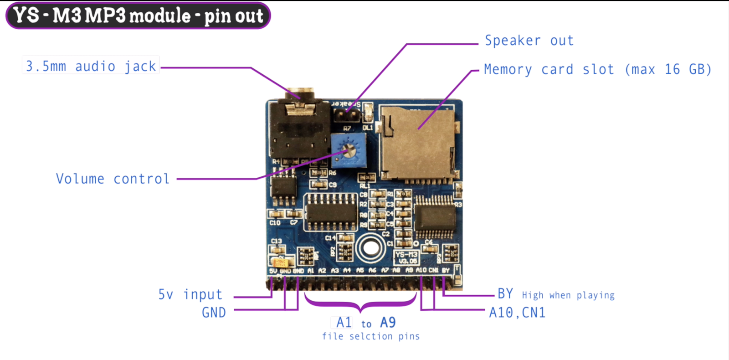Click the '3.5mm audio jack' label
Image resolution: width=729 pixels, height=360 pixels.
coord(91,66)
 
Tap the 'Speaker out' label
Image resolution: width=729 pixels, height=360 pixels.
coord(529,41)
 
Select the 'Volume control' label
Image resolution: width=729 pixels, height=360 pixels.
coord(112,179)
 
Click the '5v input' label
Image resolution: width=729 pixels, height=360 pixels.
coord(190,294)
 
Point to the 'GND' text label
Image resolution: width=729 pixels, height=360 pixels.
coord(214,313)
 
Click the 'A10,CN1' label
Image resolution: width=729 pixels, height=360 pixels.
coord(517,313)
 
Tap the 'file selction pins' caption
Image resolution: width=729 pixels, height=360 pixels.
coord(370,336)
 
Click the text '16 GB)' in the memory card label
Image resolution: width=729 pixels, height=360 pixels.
coord(688,69)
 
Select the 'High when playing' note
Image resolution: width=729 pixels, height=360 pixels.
coord(568,295)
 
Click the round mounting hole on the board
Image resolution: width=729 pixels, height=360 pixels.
coord(370,248)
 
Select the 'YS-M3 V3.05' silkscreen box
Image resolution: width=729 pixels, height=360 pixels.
coord(406,257)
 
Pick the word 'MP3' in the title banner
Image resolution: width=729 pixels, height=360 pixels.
coord(105,15)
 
